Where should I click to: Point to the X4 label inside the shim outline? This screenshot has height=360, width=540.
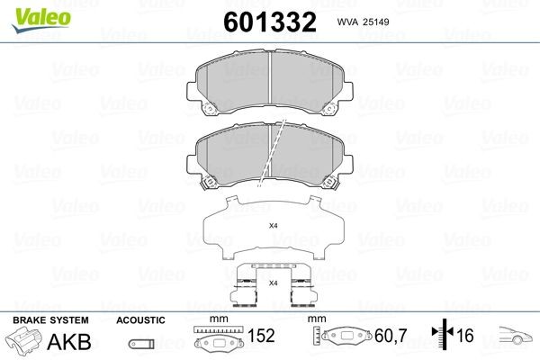pos(274,227)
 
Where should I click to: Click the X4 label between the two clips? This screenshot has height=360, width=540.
pos(273,283)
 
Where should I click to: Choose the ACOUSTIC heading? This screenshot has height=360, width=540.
pos(139,319)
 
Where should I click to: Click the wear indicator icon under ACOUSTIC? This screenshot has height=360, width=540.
pos(139,344)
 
